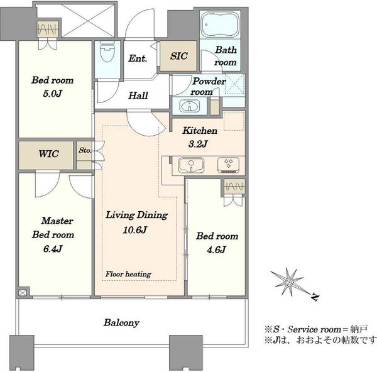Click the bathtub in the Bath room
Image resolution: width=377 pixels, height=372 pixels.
click(220, 25)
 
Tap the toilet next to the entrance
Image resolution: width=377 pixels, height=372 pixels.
click(107, 52)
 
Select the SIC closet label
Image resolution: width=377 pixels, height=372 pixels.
click(178, 56)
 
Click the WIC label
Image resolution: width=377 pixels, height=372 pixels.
click(48, 154)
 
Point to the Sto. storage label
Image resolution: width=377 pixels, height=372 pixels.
click(85, 150)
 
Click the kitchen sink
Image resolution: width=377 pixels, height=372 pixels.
click(191, 165)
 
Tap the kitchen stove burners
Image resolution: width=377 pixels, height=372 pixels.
click(228, 165)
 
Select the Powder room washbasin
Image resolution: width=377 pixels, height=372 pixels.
click(190, 106)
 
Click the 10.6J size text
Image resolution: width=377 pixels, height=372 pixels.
click(134, 230)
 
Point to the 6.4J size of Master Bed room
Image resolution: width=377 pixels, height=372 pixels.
click(53, 249)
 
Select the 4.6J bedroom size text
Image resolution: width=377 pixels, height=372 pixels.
click(216, 250)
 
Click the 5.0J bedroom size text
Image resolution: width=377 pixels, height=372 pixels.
click(52, 93)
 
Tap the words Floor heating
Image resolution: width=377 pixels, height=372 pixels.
click(128, 274)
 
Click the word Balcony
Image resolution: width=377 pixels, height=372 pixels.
click(121, 322)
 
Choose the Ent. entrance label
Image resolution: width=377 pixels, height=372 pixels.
click(138, 58)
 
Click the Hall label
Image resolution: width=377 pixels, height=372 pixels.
click(138, 96)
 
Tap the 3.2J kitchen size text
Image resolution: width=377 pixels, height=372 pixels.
click(198, 144)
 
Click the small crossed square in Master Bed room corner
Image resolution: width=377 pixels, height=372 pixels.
click(23, 293)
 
